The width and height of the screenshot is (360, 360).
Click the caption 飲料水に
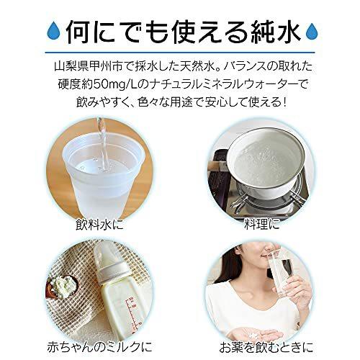[x=99, y=224]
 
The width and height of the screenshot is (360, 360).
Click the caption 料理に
[x=262, y=224]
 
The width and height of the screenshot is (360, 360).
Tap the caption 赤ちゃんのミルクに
[x=99, y=346]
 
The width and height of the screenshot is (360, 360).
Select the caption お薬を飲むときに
[x=266, y=346]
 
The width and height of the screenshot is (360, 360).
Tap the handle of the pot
[x=217, y=165]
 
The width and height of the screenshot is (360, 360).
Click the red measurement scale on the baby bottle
[x=132, y=312]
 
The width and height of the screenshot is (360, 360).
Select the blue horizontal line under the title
[x=180, y=52]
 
